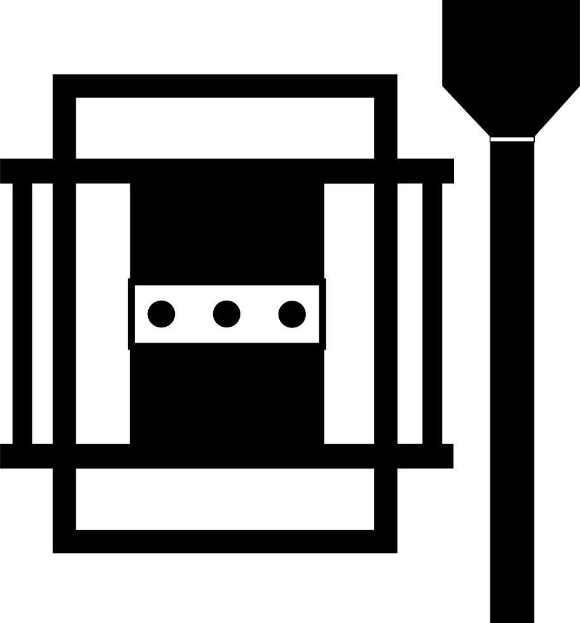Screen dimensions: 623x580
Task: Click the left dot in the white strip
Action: click(x=162, y=314)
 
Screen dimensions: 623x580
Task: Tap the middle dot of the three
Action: click(x=227, y=314)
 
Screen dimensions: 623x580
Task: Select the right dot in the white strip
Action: click(x=293, y=314)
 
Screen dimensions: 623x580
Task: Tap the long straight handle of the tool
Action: click(x=512, y=381)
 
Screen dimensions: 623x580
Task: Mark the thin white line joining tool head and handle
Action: click(x=512, y=139)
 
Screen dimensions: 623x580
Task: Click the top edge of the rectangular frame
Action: click(x=225, y=86)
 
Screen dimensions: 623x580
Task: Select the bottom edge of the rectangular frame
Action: click(x=225, y=542)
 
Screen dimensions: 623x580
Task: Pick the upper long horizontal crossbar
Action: click(x=226, y=171)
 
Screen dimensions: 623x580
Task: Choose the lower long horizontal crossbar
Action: click(x=226, y=456)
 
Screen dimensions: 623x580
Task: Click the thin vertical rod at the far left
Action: click(x=22, y=313)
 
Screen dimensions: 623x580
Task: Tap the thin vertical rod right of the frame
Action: click(x=432, y=313)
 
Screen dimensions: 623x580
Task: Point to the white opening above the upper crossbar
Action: click(x=225, y=128)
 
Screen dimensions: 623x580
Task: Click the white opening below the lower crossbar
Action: click(x=225, y=499)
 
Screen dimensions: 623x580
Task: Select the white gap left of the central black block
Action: click(x=102, y=313)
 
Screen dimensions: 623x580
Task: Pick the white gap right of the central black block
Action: click(x=349, y=313)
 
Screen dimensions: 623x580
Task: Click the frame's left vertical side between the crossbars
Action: click(x=64, y=313)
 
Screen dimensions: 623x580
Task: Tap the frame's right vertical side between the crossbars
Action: click(x=385, y=313)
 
